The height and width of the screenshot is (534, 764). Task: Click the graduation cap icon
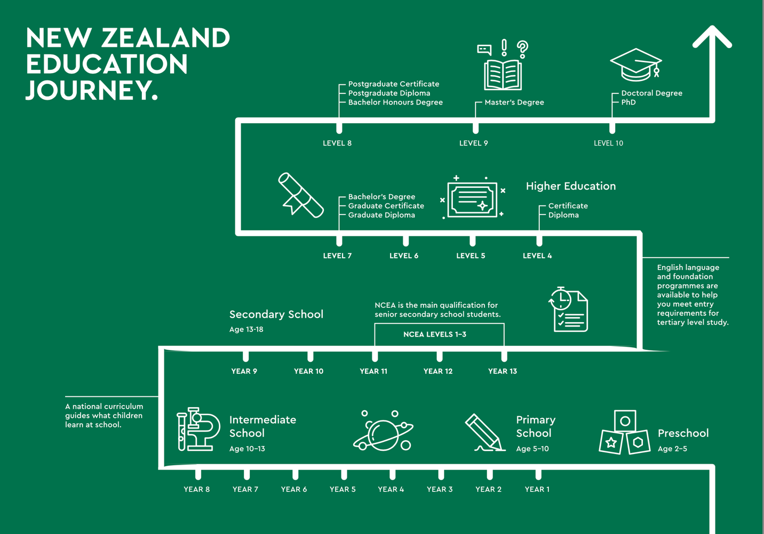point(636,65)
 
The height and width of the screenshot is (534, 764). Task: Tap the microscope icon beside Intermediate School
point(198,429)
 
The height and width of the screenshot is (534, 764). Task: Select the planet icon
point(383,431)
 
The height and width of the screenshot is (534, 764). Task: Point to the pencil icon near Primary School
point(484,433)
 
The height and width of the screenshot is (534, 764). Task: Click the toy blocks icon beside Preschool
point(624,433)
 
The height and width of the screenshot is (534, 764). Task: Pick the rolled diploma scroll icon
point(300,195)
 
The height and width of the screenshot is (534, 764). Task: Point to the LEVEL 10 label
point(608,143)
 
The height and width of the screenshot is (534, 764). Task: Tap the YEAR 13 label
point(502,371)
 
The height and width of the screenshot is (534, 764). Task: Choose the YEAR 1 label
point(537,489)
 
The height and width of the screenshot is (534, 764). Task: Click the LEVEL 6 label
point(404,256)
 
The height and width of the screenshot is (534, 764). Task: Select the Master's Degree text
point(514,102)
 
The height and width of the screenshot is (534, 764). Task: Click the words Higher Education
point(570,186)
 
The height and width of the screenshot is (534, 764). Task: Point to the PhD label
point(628,102)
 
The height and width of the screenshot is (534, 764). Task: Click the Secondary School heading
point(276,314)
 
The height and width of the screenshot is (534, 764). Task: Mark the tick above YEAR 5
point(344,473)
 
